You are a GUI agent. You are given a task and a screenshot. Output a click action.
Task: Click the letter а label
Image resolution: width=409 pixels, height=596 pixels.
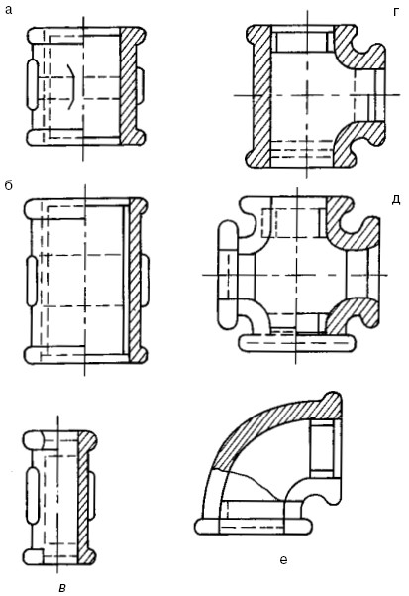tap(8, 10)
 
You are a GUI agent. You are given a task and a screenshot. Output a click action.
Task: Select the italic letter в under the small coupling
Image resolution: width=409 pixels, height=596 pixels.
tap(62, 587)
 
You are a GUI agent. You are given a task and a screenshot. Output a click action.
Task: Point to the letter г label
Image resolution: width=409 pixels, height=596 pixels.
tap(396, 12)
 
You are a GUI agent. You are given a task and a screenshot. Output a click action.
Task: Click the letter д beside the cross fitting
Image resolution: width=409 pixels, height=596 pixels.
tap(396, 200)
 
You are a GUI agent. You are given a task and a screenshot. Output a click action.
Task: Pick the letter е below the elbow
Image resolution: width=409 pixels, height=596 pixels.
tap(283, 559)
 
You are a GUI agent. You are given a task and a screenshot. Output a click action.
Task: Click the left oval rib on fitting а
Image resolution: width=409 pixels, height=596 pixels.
tap(32, 84)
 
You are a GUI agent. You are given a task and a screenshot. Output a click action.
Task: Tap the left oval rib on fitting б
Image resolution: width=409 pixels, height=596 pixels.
tap(32, 282)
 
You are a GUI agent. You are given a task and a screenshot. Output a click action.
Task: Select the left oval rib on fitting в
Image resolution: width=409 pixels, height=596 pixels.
tap(32, 495)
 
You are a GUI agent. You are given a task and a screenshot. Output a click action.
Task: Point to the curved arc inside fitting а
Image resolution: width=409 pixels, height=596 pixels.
tap(72, 86)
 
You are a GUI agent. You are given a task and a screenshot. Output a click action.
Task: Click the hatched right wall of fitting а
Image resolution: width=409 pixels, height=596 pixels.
tap(132, 86)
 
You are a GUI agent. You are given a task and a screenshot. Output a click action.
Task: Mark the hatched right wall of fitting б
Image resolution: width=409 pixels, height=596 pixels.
tap(137, 280)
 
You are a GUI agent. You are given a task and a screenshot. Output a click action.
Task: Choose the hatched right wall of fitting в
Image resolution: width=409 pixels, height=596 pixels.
tap(86, 498)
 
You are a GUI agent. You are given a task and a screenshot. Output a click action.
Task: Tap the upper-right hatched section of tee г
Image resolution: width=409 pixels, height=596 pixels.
tap(357, 48)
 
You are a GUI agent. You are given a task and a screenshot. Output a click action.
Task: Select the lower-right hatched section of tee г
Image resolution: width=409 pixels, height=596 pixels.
tap(357, 144)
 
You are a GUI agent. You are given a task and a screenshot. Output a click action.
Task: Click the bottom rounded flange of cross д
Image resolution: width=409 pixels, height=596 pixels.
tap(297, 343)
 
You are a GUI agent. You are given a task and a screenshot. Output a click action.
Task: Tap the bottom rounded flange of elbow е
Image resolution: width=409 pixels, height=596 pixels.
tap(254, 527)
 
